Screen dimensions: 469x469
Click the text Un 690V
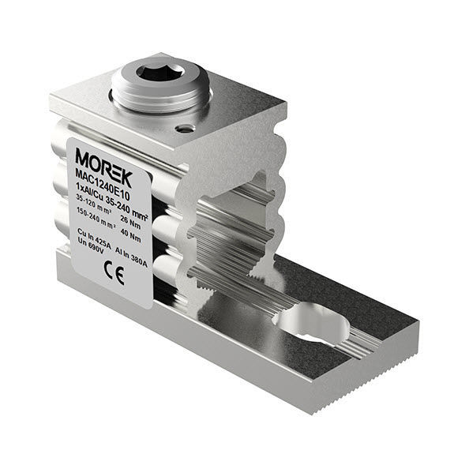click(92, 249)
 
